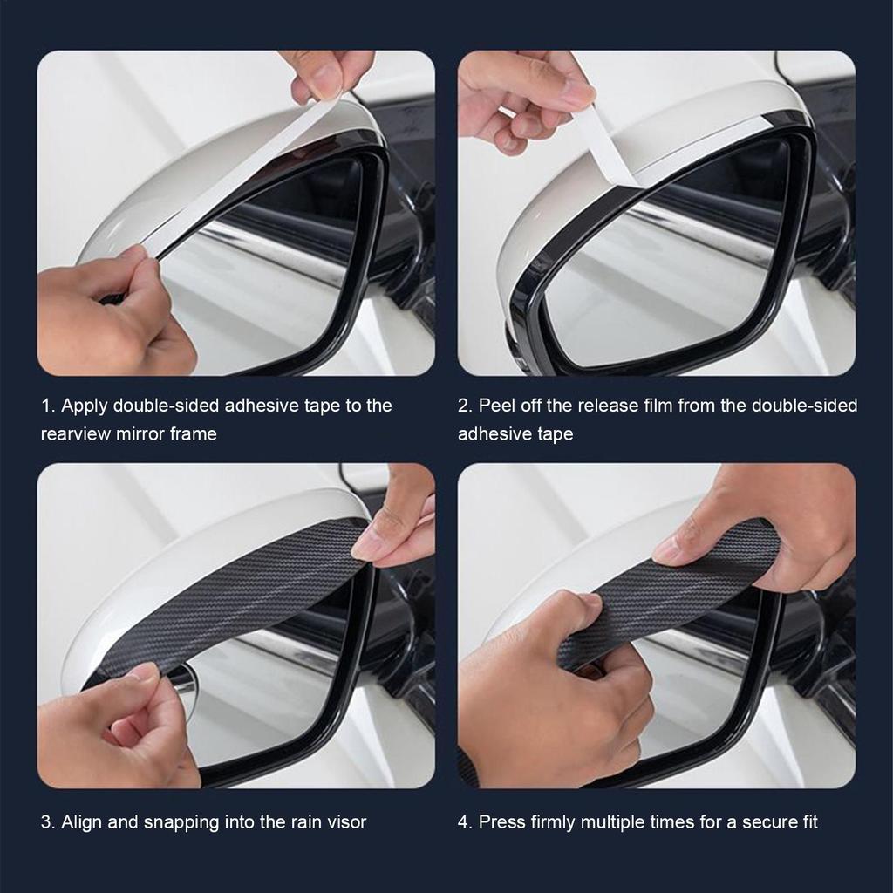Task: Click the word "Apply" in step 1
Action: pyautogui.click(x=85, y=406)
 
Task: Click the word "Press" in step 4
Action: pyautogui.click(x=502, y=822)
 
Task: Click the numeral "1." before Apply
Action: pyautogui.click(x=48, y=406)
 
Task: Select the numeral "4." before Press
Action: pyautogui.click(x=466, y=822)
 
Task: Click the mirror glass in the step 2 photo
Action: pyautogui.click(x=663, y=279)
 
